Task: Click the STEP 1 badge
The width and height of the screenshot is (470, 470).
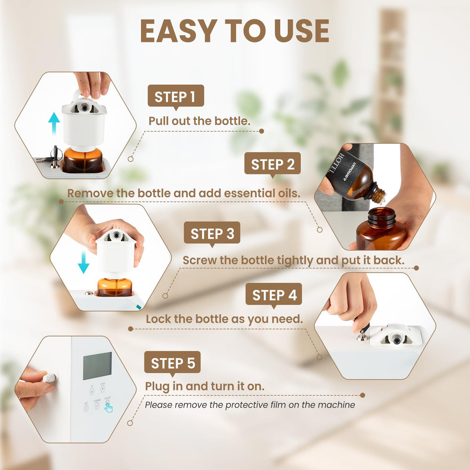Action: (x=175, y=97)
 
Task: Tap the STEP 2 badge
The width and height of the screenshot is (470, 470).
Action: (x=273, y=164)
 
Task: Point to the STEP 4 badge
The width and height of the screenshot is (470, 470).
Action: (x=274, y=295)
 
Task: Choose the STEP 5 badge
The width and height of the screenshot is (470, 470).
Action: (x=172, y=363)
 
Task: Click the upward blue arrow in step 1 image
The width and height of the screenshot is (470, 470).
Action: (x=55, y=124)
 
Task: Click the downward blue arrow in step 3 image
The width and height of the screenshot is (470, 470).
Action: (x=83, y=262)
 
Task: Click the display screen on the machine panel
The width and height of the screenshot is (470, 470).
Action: (x=97, y=366)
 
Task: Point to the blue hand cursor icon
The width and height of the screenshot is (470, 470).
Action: (x=109, y=407)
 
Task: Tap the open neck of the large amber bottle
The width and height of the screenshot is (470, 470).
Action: (x=381, y=214)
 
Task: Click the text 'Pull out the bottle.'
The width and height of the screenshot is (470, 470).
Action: (x=199, y=121)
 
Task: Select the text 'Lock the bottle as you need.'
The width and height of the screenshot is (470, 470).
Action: (x=224, y=319)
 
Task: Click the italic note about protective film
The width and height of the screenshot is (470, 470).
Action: (x=250, y=404)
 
